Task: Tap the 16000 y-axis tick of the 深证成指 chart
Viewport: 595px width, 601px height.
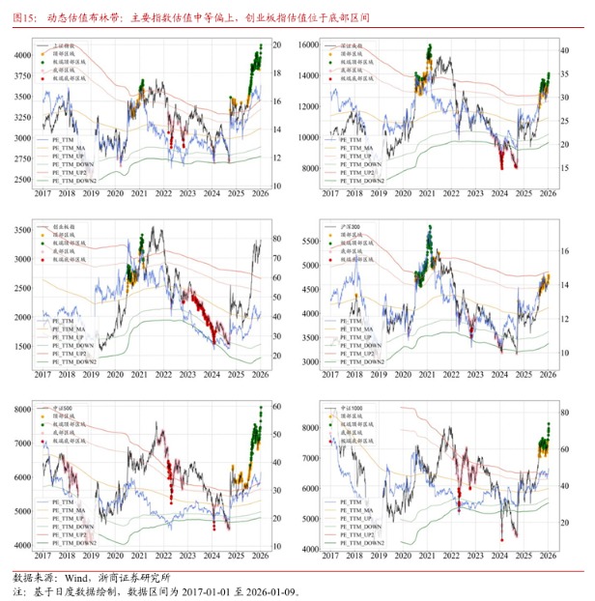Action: click(x=307, y=45)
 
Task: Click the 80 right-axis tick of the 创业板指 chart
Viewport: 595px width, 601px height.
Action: click(x=276, y=238)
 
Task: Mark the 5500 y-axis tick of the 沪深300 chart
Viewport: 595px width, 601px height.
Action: click(x=310, y=238)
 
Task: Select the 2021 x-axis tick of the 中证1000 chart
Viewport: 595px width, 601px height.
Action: click(x=427, y=558)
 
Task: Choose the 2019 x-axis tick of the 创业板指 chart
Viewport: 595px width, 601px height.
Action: click(x=91, y=375)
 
